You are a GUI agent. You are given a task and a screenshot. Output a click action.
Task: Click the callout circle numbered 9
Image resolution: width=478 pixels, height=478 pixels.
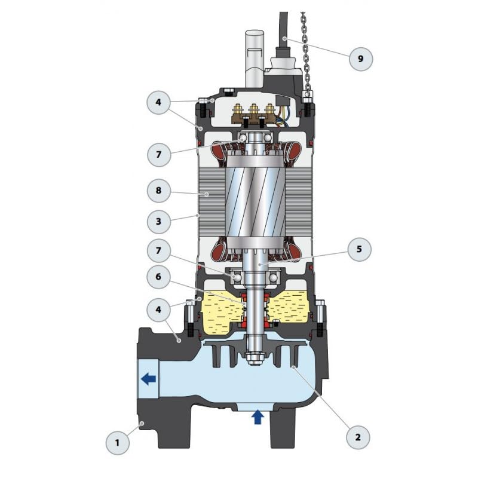[x=360, y=59]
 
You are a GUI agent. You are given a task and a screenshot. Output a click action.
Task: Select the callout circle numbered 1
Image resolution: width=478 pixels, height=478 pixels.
[x=117, y=443]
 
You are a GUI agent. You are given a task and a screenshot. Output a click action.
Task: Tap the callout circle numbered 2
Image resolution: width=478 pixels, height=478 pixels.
[x=358, y=437]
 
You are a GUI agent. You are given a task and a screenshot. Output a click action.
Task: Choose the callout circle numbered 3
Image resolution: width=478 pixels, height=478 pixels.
[x=159, y=220]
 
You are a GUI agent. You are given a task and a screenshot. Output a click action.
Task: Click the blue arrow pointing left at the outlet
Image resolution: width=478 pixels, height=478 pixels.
[x=148, y=378]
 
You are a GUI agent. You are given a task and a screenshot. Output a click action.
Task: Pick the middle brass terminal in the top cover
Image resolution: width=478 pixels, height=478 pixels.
[x=253, y=112]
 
